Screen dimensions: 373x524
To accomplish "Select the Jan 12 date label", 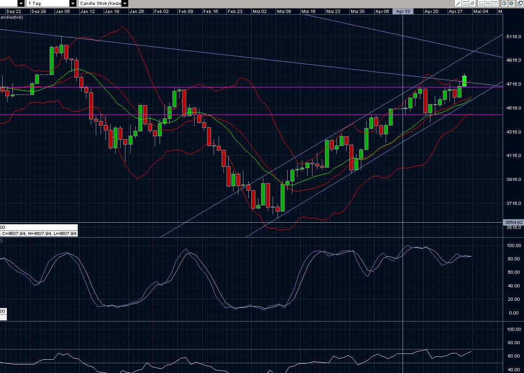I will [87, 11].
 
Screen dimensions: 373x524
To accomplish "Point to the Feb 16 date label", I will [210, 11].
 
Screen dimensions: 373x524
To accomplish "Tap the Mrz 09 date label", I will [284, 11].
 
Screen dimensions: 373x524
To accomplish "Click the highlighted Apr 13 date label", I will [403, 11].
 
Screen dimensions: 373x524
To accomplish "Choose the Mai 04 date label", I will [481, 11].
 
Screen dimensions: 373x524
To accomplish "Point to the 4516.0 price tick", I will [513, 108].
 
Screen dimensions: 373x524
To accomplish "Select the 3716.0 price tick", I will [513, 203].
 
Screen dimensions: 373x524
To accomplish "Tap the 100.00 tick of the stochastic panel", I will [513, 245].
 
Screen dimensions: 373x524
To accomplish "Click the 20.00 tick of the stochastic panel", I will [513, 299].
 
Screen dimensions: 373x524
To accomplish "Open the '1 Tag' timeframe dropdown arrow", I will [73, 4].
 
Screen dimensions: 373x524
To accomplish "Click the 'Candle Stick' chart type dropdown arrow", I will [125, 4].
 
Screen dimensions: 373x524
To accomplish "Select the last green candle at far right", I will [465, 81].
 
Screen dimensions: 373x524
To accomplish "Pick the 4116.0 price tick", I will [513, 155].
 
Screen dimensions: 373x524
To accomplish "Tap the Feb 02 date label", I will [161, 11].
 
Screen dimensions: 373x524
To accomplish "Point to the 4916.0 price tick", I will [513, 60].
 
